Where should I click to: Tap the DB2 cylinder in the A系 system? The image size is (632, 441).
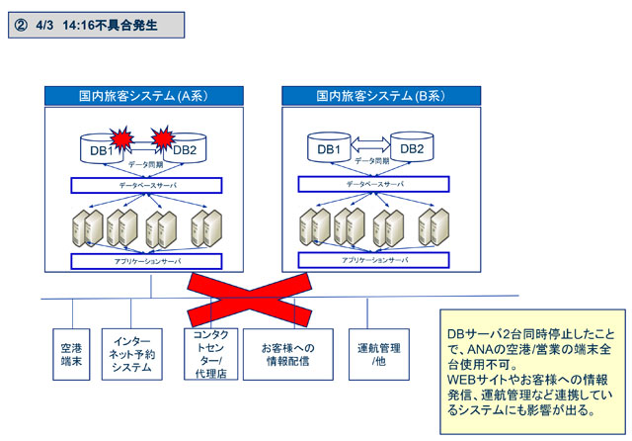click(x=184, y=149)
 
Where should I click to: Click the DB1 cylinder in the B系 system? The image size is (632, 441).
click(x=330, y=149)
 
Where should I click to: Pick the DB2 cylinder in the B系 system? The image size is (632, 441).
click(x=412, y=149)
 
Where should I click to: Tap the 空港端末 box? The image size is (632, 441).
click(x=71, y=353)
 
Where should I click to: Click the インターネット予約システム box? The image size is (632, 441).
click(x=132, y=353)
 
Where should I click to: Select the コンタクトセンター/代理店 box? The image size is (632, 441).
click(x=208, y=354)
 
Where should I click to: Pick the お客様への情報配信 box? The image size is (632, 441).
click(x=287, y=353)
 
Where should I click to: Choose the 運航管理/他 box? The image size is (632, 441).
click(x=378, y=353)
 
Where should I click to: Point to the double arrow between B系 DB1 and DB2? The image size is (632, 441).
click(x=370, y=142)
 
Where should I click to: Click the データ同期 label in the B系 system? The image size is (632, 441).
click(x=370, y=160)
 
